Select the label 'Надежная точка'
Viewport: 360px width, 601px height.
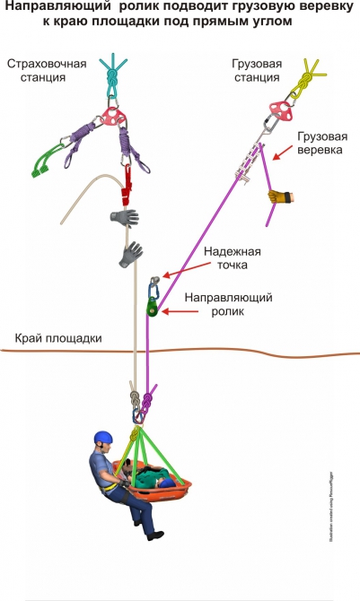[x=231, y=258]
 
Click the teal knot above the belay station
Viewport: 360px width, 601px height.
[x=111, y=76]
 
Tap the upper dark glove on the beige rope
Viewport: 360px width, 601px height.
[x=126, y=218]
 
